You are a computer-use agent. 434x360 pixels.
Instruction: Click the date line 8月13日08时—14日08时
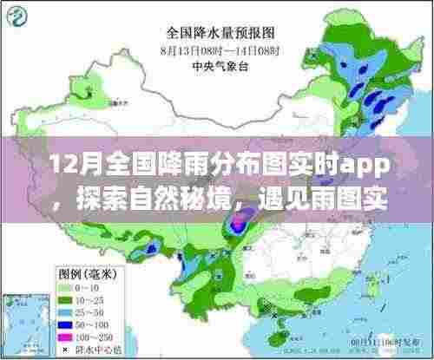click(224, 49)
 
